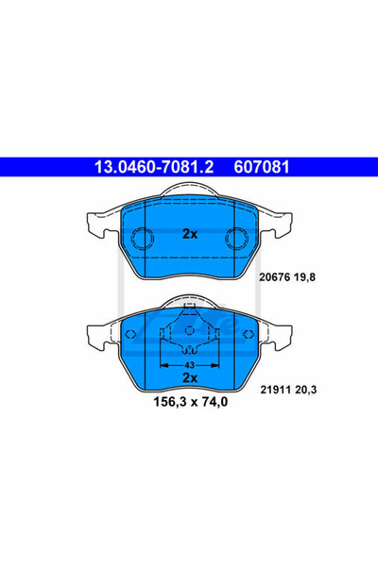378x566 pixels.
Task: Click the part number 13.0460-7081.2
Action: click(x=154, y=167)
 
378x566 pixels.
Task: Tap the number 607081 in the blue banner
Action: click(x=262, y=167)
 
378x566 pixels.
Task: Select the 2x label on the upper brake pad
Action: click(x=190, y=234)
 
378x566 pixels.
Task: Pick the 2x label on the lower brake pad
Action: click(x=190, y=378)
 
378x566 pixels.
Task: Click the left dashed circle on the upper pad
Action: click(x=142, y=238)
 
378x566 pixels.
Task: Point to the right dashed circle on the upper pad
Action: click(x=237, y=238)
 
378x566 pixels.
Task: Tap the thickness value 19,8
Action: click(x=304, y=277)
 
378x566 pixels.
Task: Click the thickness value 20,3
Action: click(x=305, y=390)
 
